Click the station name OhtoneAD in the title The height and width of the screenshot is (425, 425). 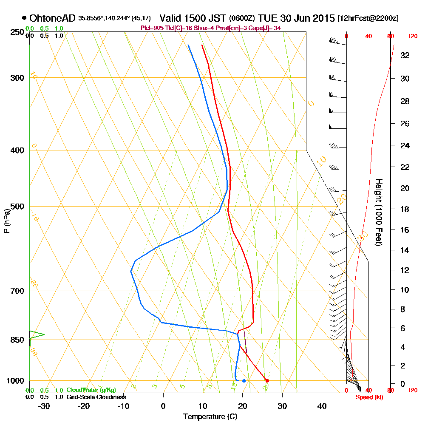(x=52, y=18)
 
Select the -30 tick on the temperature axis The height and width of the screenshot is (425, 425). (x=44, y=406)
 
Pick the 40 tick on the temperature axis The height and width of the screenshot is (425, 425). (x=322, y=406)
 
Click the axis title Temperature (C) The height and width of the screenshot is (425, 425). (x=210, y=417)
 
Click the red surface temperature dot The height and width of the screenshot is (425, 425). (x=267, y=381)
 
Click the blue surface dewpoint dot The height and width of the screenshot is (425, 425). (x=244, y=381)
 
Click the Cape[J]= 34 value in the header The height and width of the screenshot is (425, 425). (x=267, y=28)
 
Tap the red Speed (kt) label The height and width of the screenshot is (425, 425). (x=368, y=397)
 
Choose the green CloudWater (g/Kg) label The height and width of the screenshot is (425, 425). (x=91, y=390)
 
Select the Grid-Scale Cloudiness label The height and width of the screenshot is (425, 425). (x=96, y=397)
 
